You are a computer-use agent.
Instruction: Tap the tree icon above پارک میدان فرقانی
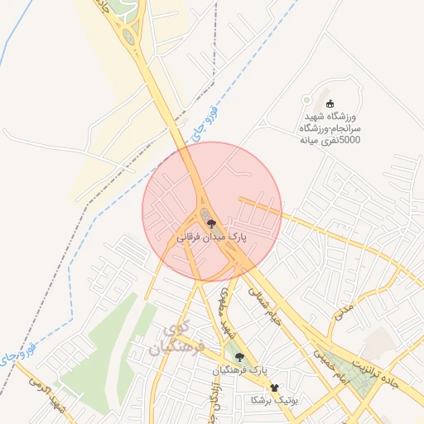point(210,223)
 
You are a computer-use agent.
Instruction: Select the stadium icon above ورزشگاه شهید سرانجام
point(330,104)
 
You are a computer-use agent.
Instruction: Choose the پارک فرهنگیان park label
point(239,369)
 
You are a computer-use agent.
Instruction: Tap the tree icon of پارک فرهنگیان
point(239,357)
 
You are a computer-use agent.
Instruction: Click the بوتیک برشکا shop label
point(274,399)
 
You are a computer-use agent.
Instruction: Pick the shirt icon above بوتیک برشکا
point(274,387)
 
